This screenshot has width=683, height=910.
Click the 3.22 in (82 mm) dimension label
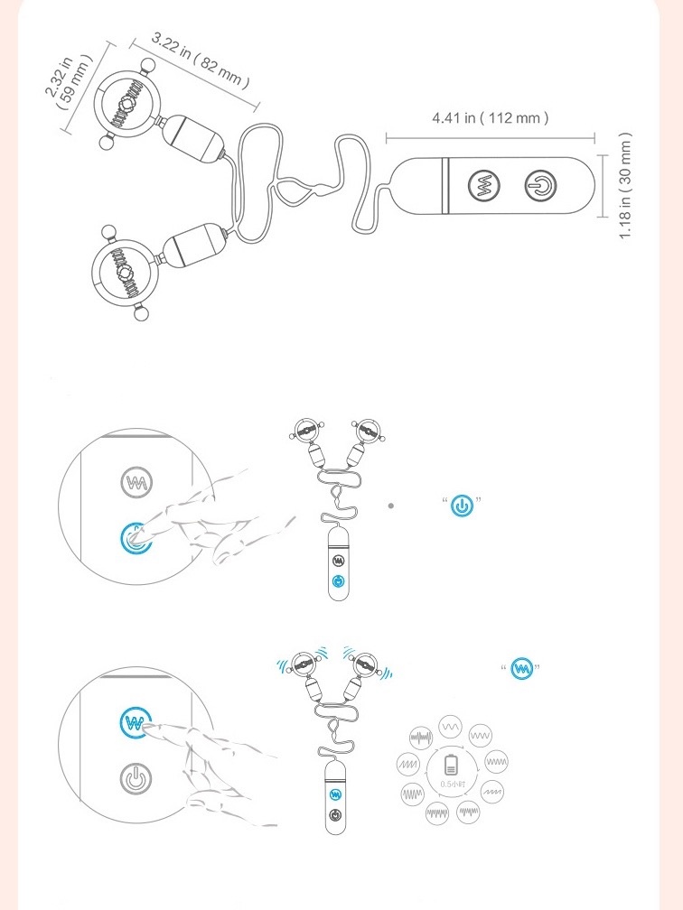[x=201, y=60]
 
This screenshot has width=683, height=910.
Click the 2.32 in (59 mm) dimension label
[x=69, y=82]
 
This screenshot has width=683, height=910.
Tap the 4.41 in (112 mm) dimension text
[x=490, y=117]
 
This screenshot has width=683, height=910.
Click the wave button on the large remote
[x=484, y=186]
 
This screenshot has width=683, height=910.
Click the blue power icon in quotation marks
[x=462, y=506]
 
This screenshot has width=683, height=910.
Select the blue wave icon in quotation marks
[x=521, y=669]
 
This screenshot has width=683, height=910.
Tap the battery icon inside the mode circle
[x=451, y=765]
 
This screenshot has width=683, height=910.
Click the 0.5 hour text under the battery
[x=453, y=784]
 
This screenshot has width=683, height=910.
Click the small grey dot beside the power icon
[x=391, y=506]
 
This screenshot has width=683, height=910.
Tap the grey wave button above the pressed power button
[x=136, y=483]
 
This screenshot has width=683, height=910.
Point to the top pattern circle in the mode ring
[x=450, y=727]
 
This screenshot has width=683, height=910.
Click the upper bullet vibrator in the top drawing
[x=192, y=138]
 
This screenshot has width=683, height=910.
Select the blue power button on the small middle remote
[x=339, y=581]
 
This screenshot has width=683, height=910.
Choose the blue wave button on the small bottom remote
[x=335, y=794]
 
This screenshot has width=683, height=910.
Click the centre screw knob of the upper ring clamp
[x=127, y=105]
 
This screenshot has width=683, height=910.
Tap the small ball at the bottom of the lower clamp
[x=141, y=314]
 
